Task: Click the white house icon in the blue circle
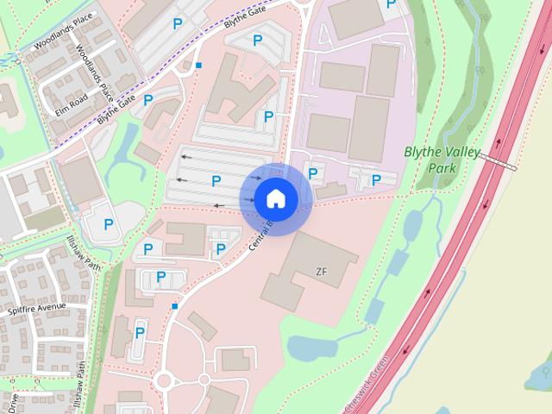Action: click(275, 198)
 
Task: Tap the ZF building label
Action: click(322, 272)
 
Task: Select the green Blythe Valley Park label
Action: click(442, 160)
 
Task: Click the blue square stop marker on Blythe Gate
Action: click(198, 65)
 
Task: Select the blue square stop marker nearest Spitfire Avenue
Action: click(175, 305)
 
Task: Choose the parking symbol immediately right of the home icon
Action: click(313, 173)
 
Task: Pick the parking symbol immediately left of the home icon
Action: click(216, 180)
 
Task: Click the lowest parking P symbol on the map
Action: click(140, 332)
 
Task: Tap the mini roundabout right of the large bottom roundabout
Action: click(204, 379)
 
